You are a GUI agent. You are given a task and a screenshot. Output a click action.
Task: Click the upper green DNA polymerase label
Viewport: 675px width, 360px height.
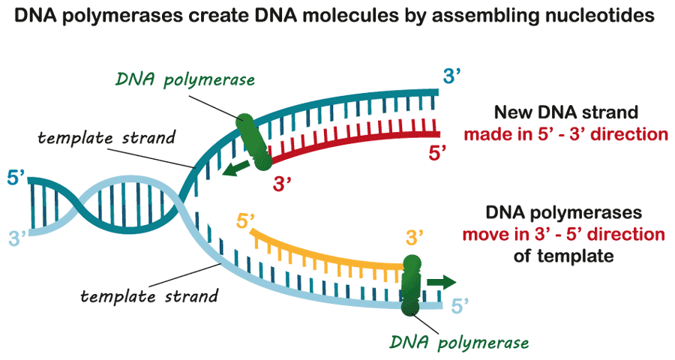186,80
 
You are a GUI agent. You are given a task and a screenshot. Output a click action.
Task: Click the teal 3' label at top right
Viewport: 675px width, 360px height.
454,76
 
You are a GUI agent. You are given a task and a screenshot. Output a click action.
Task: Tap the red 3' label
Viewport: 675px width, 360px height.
282,184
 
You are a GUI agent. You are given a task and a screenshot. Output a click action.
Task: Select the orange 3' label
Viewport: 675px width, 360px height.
415,238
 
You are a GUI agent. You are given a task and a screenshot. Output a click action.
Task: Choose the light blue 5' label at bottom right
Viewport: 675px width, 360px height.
460,305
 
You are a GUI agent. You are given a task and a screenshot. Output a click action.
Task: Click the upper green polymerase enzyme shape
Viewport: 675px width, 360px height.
252,137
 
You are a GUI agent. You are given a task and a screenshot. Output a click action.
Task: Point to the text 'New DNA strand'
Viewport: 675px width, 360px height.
565,112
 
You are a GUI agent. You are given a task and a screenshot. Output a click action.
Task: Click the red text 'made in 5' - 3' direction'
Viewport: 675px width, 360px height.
565,136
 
